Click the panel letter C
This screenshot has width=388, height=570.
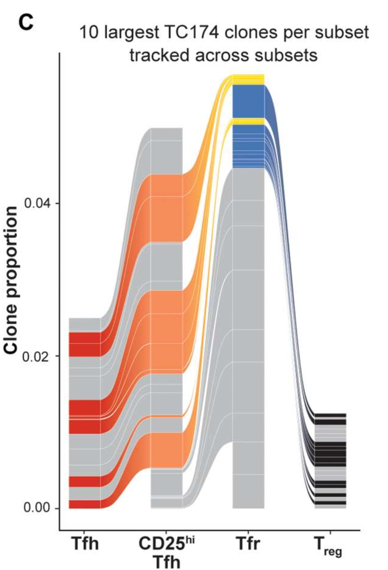click(x=26, y=22)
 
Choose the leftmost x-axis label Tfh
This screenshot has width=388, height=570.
click(x=85, y=544)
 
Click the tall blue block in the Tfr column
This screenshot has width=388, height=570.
click(x=248, y=101)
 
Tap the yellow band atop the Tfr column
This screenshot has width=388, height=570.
click(x=248, y=79)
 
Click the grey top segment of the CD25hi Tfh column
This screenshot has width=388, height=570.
click(x=167, y=151)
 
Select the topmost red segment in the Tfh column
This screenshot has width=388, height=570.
click(x=85, y=344)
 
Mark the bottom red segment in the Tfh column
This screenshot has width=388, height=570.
click(x=85, y=504)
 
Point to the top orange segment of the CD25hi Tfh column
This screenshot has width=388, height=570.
click(x=167, y=207)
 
